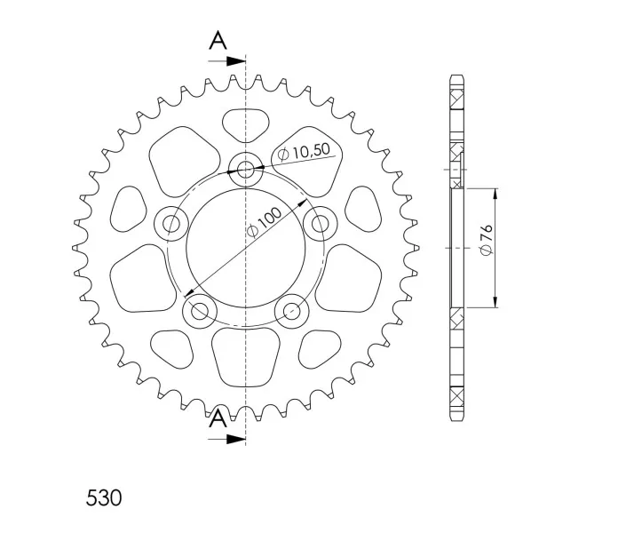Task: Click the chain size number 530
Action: click(x=104, y=498)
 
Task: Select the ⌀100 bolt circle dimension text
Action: click(x=264, y=221)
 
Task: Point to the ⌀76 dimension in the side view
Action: click(x=487, y=239)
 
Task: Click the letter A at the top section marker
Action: click(x=218, y=40)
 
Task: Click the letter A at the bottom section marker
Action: click(x=218, y=418)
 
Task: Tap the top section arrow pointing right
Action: click(x=227, y=61)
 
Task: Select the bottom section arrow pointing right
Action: click(x=227, y=439)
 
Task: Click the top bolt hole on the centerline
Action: click(x=246, y=170)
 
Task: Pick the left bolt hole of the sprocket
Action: click(x=171, y=224)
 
